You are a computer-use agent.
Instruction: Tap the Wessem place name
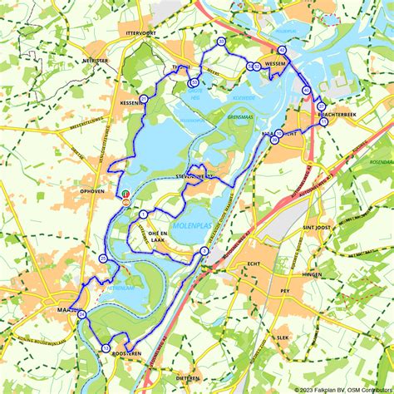pyautogui.click(x=273, y=64)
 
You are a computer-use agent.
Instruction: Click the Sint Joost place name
pyautogui.click(x=318, y=225)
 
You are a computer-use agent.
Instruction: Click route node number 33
pyautogui.click(x=221, y=41)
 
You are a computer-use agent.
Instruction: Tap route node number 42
pyautogui.click(x=282, y=51)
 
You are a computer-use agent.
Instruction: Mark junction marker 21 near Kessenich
pyautogui.click(x=144, y=99)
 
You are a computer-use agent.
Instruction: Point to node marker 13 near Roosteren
pyautogui.click(x=106, y=347)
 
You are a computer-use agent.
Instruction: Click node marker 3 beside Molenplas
pyautogui.click(x=204, y=250)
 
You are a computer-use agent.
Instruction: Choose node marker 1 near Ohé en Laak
pyautogui.click(x=144, y=214)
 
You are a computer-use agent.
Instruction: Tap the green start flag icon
pyautogui.click(x=126, y=195)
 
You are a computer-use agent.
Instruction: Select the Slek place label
pyautogui.click(x=283, y=338)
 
